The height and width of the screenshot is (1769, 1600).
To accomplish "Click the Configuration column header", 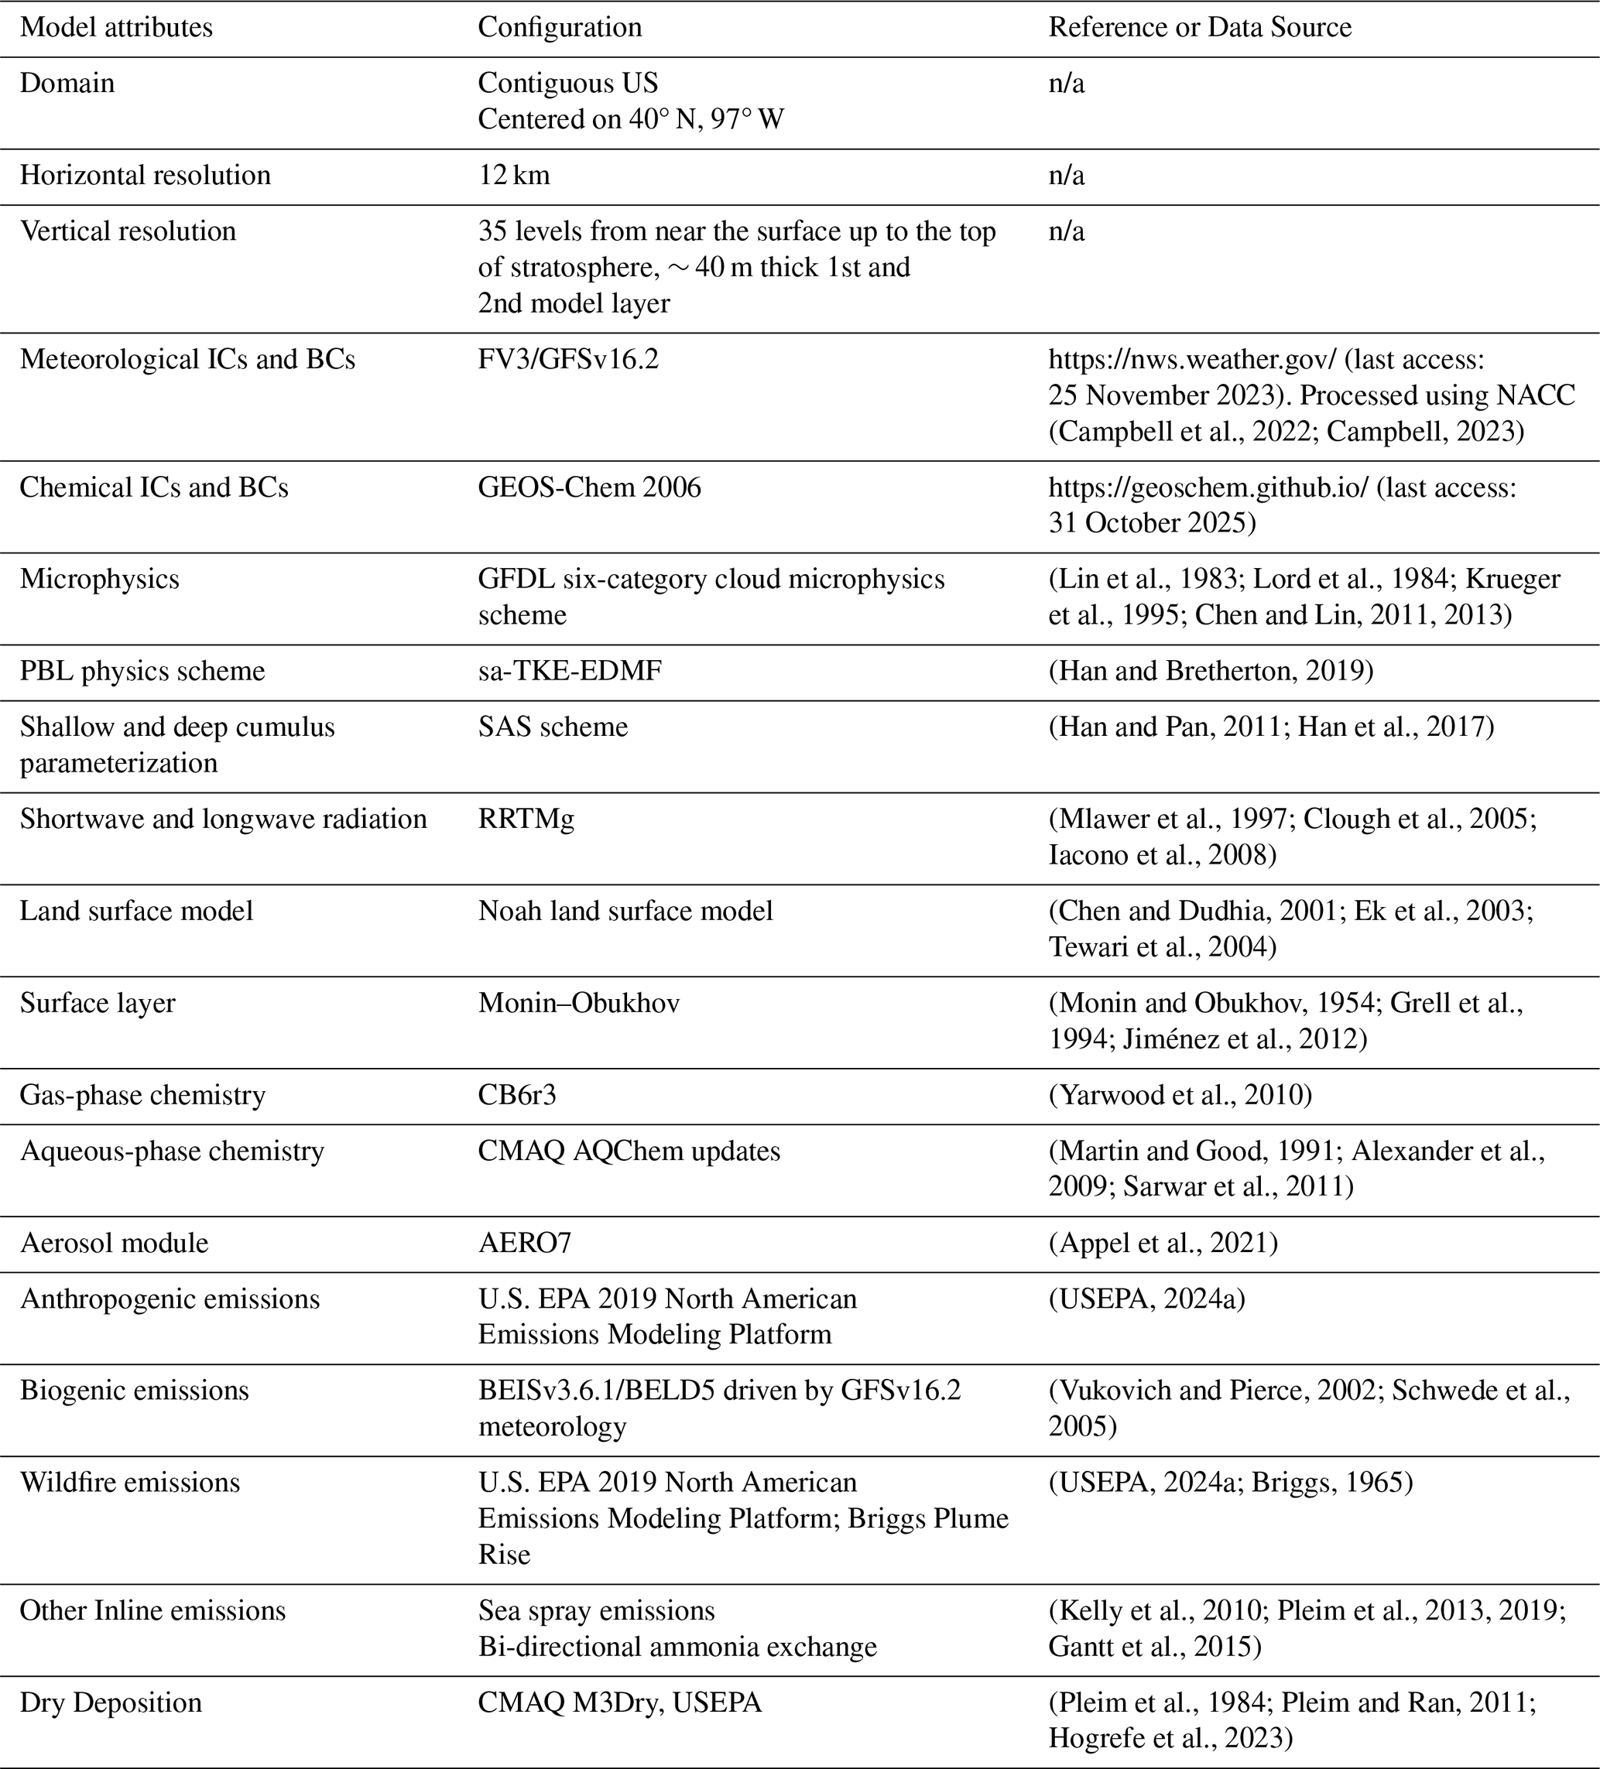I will click(559, 27).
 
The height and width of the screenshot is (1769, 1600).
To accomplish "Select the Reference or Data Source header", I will click(1199, 27).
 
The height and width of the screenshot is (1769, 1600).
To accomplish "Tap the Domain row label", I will click(67, 84).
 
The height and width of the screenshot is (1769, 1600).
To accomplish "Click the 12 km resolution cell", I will click(513, 176).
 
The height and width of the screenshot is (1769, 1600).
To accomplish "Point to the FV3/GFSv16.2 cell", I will click(568, 360).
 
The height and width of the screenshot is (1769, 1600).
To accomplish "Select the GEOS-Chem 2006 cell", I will click(589, 488).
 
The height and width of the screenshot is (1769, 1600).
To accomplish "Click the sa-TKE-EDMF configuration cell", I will click(570, 671).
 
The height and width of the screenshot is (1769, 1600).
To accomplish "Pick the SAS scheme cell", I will click(553, 727).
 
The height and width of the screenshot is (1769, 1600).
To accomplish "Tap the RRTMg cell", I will click(526, 819).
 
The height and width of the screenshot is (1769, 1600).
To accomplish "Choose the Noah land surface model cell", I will click(625, 911).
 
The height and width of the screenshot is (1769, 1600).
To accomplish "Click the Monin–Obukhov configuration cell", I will click(578, 1003).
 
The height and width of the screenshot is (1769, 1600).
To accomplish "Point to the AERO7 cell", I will click(524, 1244).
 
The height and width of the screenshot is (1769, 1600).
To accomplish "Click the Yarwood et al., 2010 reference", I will click(1180, 1095).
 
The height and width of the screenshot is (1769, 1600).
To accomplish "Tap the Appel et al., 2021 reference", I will click(1163, 1244).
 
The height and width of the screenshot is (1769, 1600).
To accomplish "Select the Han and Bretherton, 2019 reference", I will click(1211, 671).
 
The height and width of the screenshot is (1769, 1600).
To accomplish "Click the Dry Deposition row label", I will click(111, 1703).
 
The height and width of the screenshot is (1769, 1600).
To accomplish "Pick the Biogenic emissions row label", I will click(134, 1391).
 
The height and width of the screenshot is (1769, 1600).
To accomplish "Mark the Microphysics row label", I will click(99, 579).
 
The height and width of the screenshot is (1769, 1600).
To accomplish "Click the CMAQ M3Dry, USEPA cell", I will click(619, 1703).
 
